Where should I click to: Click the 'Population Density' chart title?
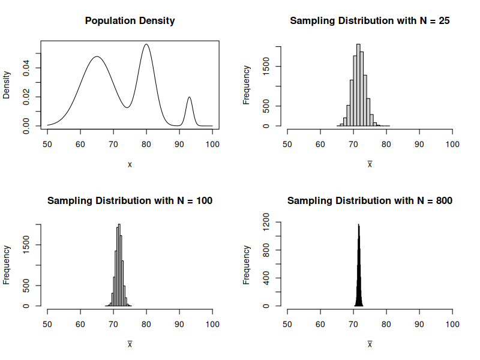[x=130, y=20]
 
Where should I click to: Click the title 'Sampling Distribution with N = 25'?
[x=370, y=20]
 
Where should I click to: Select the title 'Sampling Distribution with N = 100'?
[x=130, y=200]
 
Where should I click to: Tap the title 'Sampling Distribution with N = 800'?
[x=370, y=200]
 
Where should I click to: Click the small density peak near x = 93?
[x=189, y=98]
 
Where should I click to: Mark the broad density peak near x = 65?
[x=97, y=57]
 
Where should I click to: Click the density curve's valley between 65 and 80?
[x=127, y=107]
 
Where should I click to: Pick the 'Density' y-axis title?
[x=7, y=85]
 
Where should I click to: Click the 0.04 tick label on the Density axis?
[x=27, y=68]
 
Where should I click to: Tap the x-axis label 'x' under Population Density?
[x=130, y=164]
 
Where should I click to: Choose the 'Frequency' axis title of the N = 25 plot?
[x=247, y=85]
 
